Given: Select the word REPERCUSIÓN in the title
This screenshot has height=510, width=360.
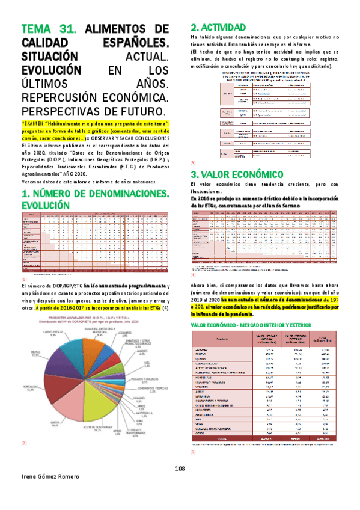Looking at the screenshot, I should tap(66, 99).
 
